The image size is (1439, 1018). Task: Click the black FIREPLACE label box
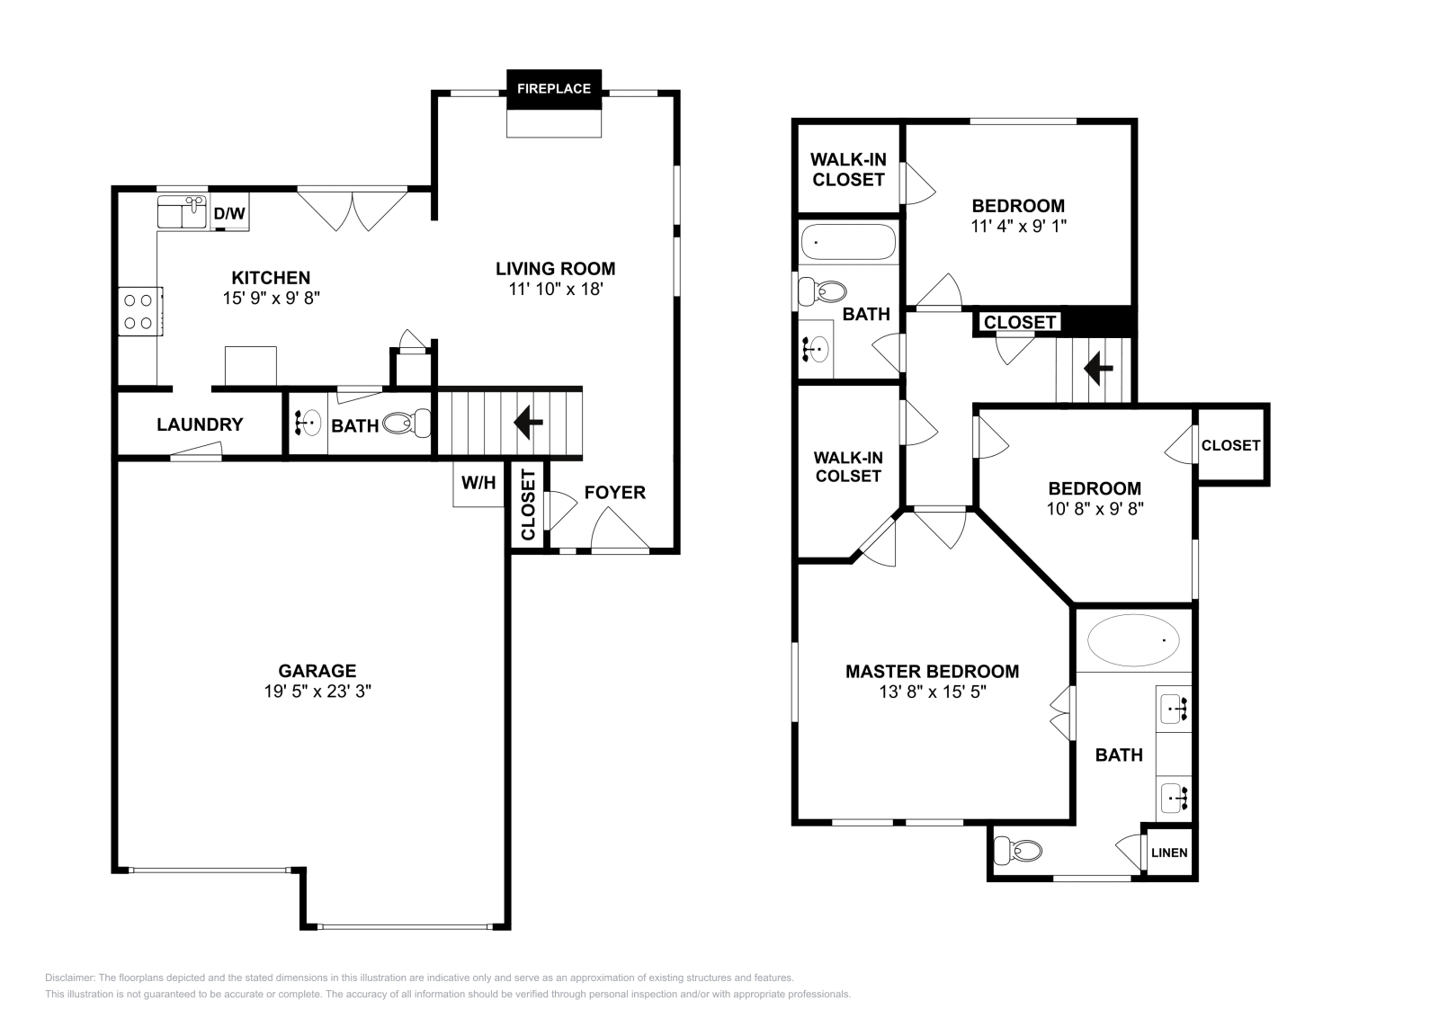click(x=554, y=89)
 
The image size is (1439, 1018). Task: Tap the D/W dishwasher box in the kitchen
click(x=229, y=214)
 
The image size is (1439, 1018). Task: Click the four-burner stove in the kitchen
click(x=139, y=311)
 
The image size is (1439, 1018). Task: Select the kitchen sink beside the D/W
click(x=182, y=212)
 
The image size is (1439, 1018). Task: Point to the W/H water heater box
click(x=478, y=484)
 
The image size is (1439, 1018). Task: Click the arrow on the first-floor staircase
click(x=527, y=422)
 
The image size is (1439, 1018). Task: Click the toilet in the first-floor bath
click(x=407, y=424)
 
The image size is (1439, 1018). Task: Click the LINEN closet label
click(x=1169, y=853)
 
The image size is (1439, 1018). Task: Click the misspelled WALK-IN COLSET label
click(x=848, y=467)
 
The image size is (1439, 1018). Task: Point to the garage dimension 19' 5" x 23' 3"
click(x=317, y=692)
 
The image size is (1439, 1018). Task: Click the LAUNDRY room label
click(x=200, y=424)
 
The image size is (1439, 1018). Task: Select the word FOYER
click(x=615, y=492)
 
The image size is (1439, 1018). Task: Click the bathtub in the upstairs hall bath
click(x=847, y=242)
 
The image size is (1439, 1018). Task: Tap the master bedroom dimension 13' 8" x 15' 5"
click(x=932, y=692)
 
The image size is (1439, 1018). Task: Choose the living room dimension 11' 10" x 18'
click(x=555, y=290)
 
